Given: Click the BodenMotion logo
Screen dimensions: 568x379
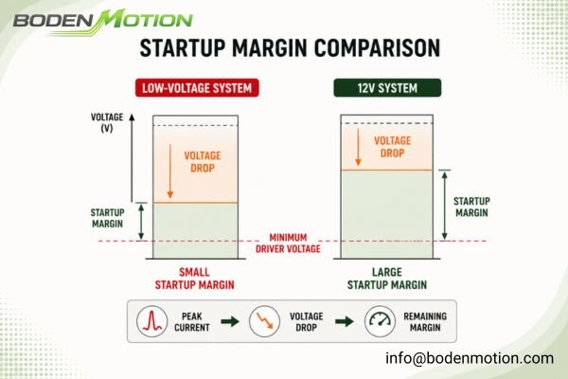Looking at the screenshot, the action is [103, 22].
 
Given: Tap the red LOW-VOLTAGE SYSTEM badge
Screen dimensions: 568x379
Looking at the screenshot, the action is [197, 88].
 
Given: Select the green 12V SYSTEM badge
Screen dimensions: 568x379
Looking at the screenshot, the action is [387, 88].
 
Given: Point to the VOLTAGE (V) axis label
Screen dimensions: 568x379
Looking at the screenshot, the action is [107, 122].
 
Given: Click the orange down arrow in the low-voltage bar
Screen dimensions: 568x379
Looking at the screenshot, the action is [170, 171].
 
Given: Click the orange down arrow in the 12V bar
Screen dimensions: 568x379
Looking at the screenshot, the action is [358, 147].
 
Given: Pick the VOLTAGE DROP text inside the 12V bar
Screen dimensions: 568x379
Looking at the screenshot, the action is [392, 147].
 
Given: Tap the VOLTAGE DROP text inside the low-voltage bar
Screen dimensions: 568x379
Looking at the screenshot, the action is [203, 162].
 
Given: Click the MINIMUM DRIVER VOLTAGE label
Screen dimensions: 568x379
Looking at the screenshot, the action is [288, 243].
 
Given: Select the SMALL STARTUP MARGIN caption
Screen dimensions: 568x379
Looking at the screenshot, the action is [194, 279].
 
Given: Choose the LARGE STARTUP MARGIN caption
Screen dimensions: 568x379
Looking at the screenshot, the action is [387, 279].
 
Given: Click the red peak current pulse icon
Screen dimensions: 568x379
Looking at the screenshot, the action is [152, 321].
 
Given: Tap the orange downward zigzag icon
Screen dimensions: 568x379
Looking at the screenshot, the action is [264, 321].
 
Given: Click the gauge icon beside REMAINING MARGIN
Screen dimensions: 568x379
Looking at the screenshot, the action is [380, 321].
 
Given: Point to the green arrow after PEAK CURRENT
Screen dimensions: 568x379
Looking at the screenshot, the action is [230, 321].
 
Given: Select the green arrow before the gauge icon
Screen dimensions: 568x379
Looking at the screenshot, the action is [345, 321].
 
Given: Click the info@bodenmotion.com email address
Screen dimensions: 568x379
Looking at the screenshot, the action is [470, 358].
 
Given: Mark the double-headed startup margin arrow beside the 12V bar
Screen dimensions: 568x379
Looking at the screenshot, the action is [445, 205].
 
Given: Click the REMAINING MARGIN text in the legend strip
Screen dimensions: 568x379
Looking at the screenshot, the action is [425, 322].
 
